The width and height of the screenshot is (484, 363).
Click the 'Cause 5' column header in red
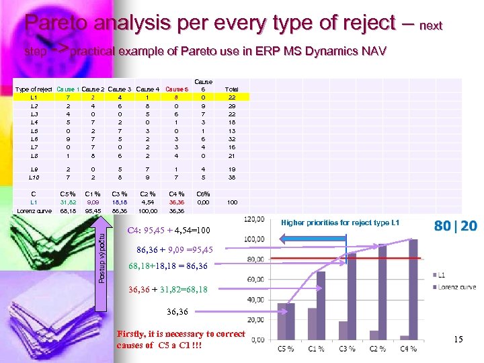(177, 89)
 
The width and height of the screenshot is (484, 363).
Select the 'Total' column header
(231, 89)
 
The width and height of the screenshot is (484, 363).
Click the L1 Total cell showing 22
(231, 97)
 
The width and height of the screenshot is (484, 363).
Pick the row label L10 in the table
(34, 179)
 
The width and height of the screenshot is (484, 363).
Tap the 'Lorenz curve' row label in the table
(34, 210)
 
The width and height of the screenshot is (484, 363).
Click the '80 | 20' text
(455, 226)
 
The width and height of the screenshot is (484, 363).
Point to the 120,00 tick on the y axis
(253, 219)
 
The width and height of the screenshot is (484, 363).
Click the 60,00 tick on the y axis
(255, 280)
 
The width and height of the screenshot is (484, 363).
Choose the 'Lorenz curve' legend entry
(457, 286)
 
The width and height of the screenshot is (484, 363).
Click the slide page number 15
(458, 339)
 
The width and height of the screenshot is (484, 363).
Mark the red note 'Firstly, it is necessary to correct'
(181, 334)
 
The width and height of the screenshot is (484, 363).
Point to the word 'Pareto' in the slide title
(58, 24)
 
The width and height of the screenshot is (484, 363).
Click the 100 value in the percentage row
(231, 202)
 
